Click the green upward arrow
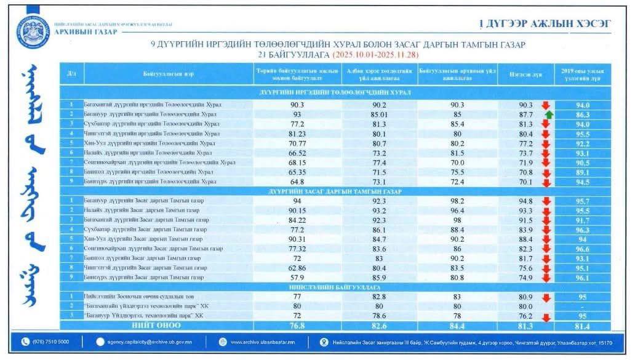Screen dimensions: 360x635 point(549,114)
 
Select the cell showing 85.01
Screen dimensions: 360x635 point(379,114)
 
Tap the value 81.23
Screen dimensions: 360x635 point(298,134)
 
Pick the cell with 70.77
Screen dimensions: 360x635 point(298,143)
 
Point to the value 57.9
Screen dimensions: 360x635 point(298,278)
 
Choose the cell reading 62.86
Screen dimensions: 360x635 point(298,268)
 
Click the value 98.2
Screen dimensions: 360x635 point(457,201)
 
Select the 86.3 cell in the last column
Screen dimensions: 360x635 point(583,114)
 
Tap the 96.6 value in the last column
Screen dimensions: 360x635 point(583,249)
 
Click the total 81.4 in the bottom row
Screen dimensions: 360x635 point(583,326)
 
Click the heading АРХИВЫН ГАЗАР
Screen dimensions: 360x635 point(86,32)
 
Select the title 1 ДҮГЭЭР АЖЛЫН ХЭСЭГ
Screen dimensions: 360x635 point(545,24)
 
